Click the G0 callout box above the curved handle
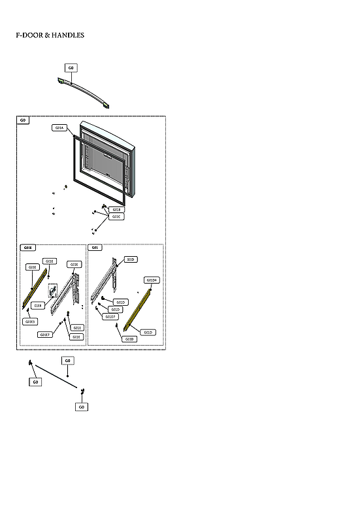[x=71, y=67]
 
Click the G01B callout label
[x=116, y=210]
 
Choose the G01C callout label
[x=116, y=216]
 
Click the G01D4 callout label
[x=152, y=280]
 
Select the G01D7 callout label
[x=110, y=317]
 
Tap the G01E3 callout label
[x=30, y=321]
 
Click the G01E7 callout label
[x=44, y=335]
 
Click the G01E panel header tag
[x=27, y=248]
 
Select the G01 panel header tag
[x=95, y=248]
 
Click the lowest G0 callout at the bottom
[x=82, y=406]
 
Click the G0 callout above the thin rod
[x=68, y=360]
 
